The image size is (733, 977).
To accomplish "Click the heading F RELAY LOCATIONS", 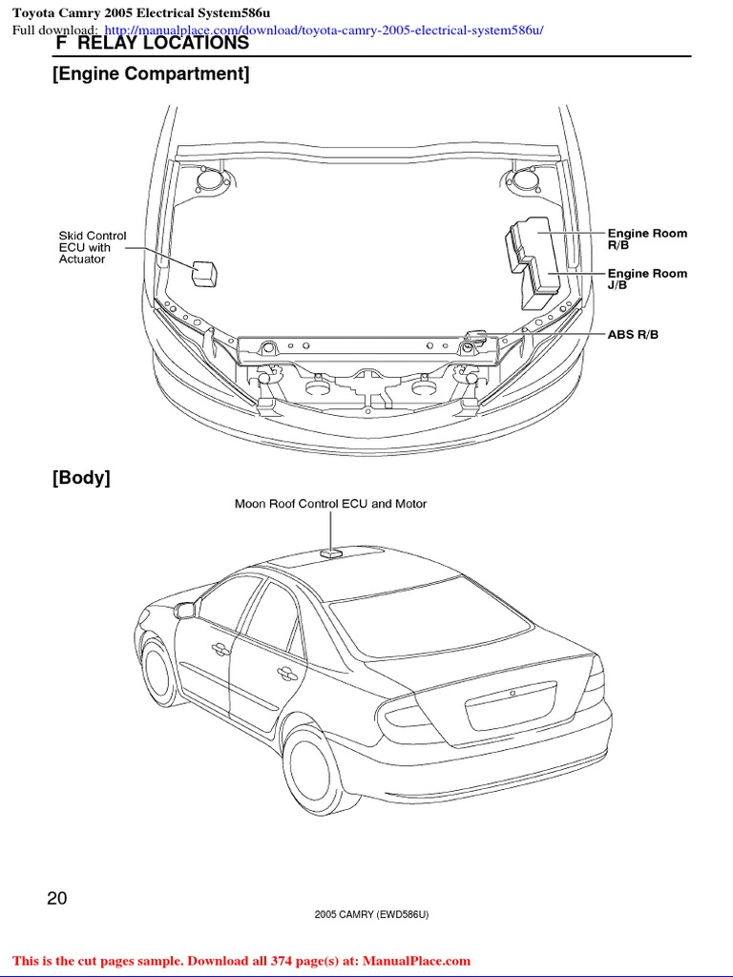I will [153, 44].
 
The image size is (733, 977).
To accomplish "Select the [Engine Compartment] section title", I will [151, 73].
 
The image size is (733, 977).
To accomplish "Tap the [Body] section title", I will [81, 478].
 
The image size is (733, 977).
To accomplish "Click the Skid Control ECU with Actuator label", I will [92, 247].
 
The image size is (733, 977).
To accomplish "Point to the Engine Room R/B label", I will [647, 239].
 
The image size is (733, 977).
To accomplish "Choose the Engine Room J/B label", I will [647, 279].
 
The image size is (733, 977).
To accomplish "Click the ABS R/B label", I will [633, 335].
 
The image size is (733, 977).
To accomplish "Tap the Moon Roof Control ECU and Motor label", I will [330, 504].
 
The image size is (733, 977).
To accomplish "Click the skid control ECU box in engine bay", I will [204, 273].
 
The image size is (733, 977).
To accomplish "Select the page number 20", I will [57, 898].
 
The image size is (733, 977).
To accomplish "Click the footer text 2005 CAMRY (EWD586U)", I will [371, 915].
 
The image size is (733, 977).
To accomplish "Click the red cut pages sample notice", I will [241, 961].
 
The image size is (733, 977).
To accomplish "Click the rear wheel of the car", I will [316, 771].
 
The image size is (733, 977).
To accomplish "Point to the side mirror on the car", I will [184, 610].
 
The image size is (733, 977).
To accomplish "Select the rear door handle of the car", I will [284, 674].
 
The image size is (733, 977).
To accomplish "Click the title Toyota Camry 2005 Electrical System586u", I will [141, 12].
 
